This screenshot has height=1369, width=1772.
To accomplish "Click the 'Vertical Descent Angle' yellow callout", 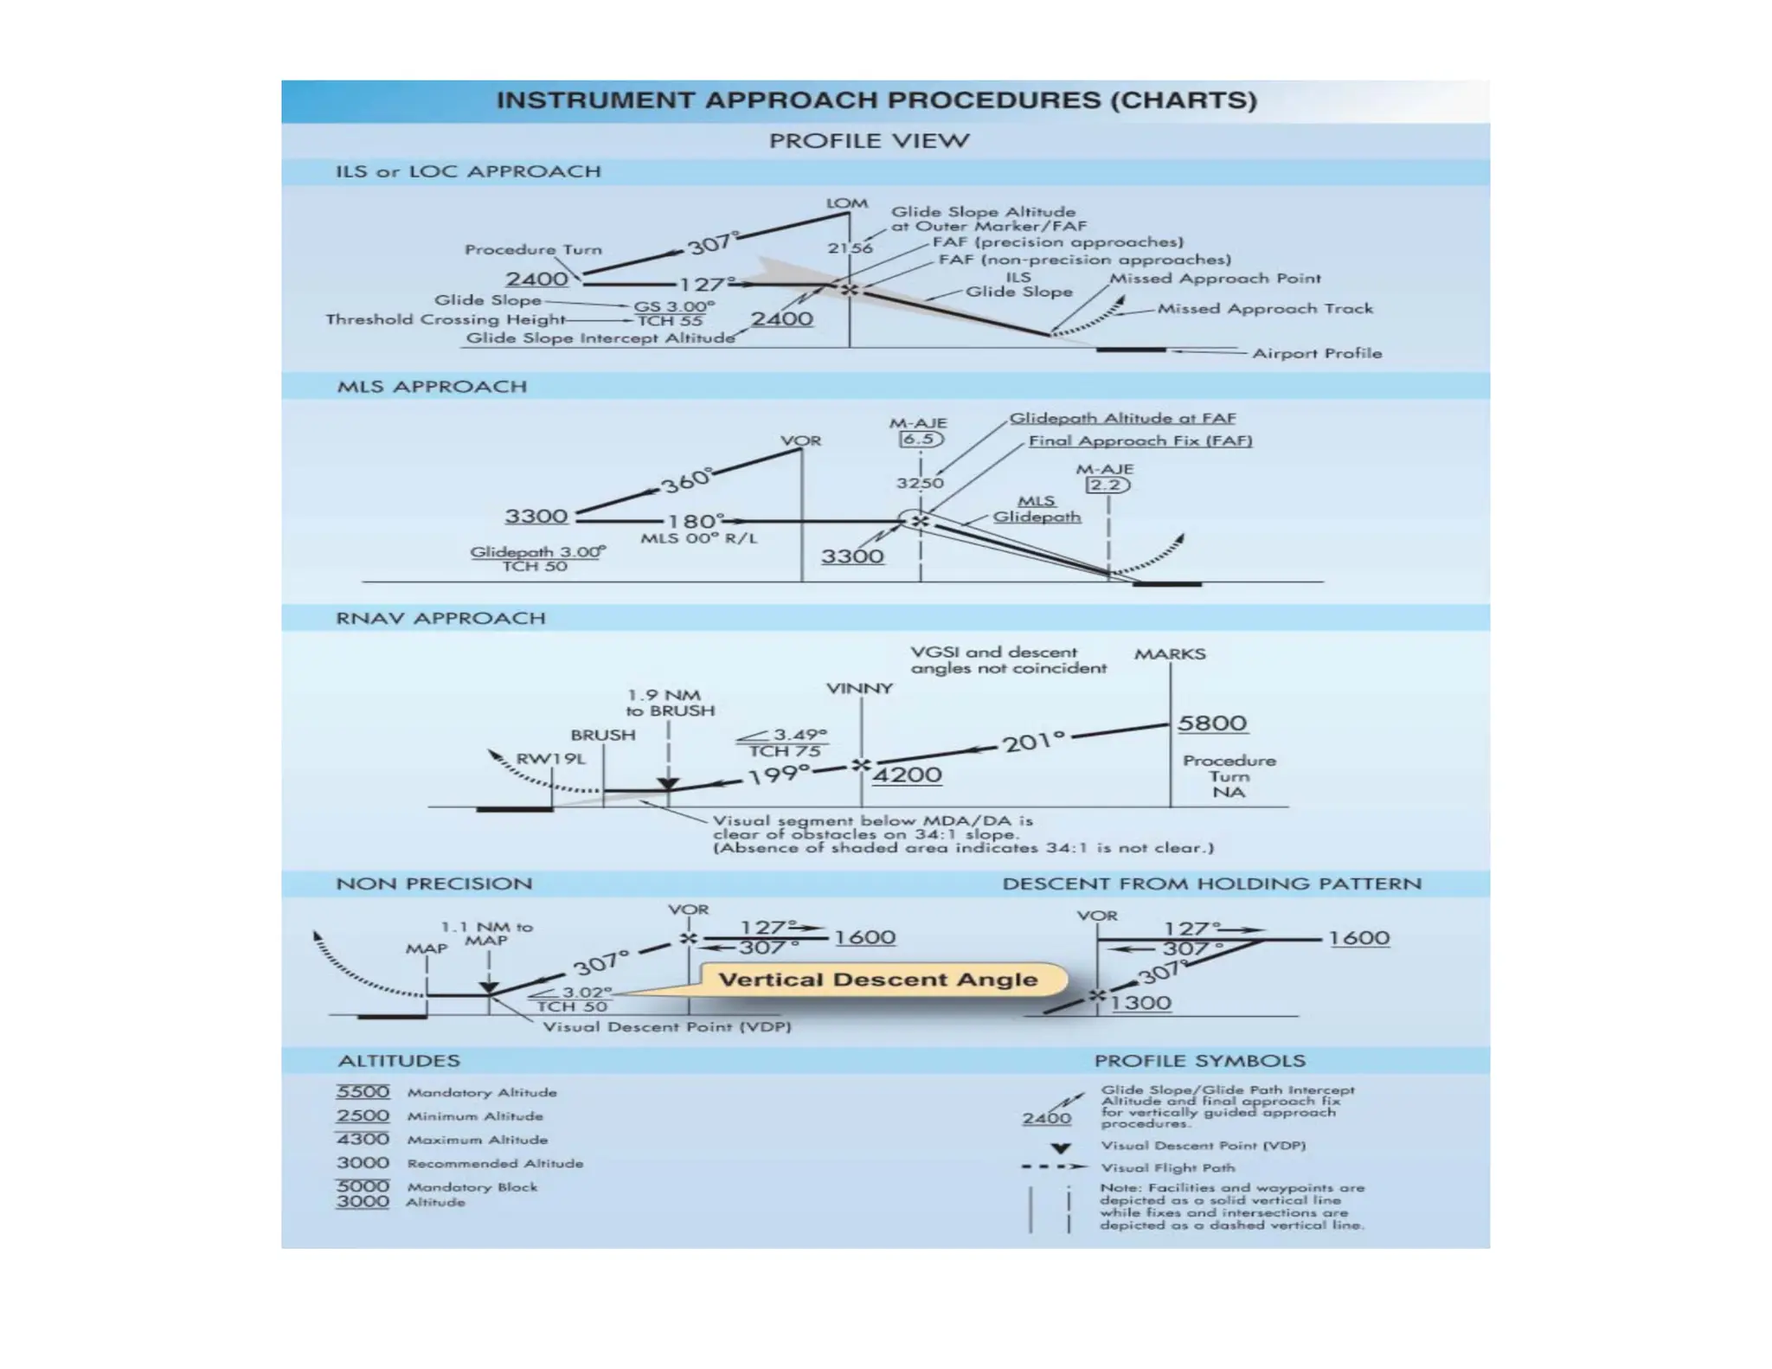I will [x=878, y=980].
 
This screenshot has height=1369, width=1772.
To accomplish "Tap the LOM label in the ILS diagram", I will [x=846, y=203].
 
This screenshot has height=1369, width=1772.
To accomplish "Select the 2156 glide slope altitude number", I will [x=850, y=247].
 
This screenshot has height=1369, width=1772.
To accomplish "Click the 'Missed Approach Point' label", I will [x=1215, y=279].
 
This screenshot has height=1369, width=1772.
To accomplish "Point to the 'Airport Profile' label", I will [x=1317, y=353].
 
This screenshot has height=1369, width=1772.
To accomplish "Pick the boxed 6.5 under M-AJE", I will [x=919, y=439].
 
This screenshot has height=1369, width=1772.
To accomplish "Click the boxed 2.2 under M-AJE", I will [x=1107, y=485].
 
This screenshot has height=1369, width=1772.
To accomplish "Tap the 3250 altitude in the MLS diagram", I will [x=919, y=483].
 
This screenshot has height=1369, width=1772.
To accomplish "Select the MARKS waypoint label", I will [x=1170, y=654].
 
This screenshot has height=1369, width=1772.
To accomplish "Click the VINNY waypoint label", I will [x=859, y=689].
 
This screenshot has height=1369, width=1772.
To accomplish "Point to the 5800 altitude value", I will [x=1212, y=723].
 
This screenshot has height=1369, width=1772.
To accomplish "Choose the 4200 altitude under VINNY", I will [x=907, y=774].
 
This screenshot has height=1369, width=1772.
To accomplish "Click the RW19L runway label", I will [x=551, y=759].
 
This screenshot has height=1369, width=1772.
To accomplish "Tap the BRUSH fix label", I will [x=603, y=735].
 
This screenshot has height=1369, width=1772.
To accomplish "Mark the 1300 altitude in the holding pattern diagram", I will [x=1140, y=1003].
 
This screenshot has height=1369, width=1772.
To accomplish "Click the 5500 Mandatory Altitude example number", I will [x=363, y=1092].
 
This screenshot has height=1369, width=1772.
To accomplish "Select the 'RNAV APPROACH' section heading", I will [x=440, y=619].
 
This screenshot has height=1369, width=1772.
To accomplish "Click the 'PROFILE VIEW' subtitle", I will [x=869, y=141].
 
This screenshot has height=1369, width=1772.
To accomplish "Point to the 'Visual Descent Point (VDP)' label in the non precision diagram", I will [x=666, y=1027].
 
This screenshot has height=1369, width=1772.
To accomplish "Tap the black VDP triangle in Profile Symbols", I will [x=1061, y=1148].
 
